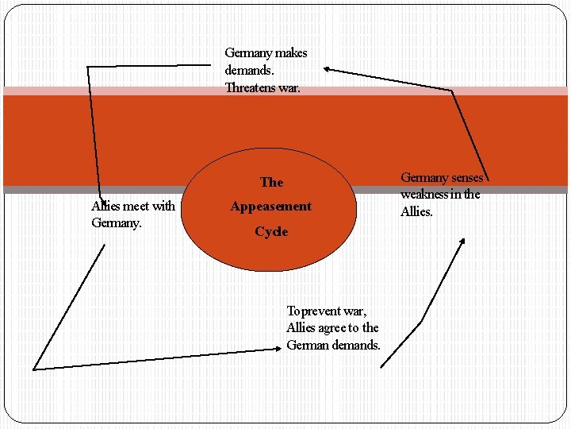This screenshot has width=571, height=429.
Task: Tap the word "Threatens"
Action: [x=251, y=88]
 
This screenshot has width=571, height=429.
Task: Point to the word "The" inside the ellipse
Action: [x=271, y=183]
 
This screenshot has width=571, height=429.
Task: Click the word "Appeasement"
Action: [x=271, y=207]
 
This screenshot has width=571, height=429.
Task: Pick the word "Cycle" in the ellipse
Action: [x=271, y=232]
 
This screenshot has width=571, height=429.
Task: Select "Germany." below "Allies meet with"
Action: [x=117, y=223]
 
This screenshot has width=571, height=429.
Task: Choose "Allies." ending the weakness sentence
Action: [x=417, y=211]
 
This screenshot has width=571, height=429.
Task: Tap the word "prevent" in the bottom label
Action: [x=322, y=311]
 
